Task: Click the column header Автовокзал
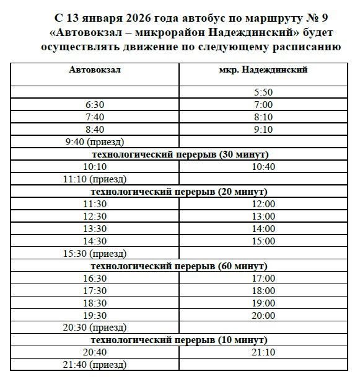click(95, 70)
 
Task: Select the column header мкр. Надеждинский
click(263, 70)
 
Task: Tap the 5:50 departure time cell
click(263, 92)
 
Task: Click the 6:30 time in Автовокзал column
click(95, 105)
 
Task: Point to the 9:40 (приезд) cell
click(95, 142)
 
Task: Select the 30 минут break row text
click(180, 154)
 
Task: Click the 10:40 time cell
click(263, 167)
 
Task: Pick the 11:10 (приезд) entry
click(95, 179)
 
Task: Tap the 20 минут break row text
click(180, 192)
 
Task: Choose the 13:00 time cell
click(263, 217)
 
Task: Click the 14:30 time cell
click(95, 241)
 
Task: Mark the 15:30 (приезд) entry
click(95, 254)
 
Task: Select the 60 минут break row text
click(180, 266)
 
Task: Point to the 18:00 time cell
click(263, 291)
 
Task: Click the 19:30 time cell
click(95, 316)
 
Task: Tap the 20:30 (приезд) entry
click(95, 328)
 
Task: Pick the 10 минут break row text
click(180, 340)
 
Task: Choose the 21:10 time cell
click(263, 352)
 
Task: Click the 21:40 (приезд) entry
click(95, 365)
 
